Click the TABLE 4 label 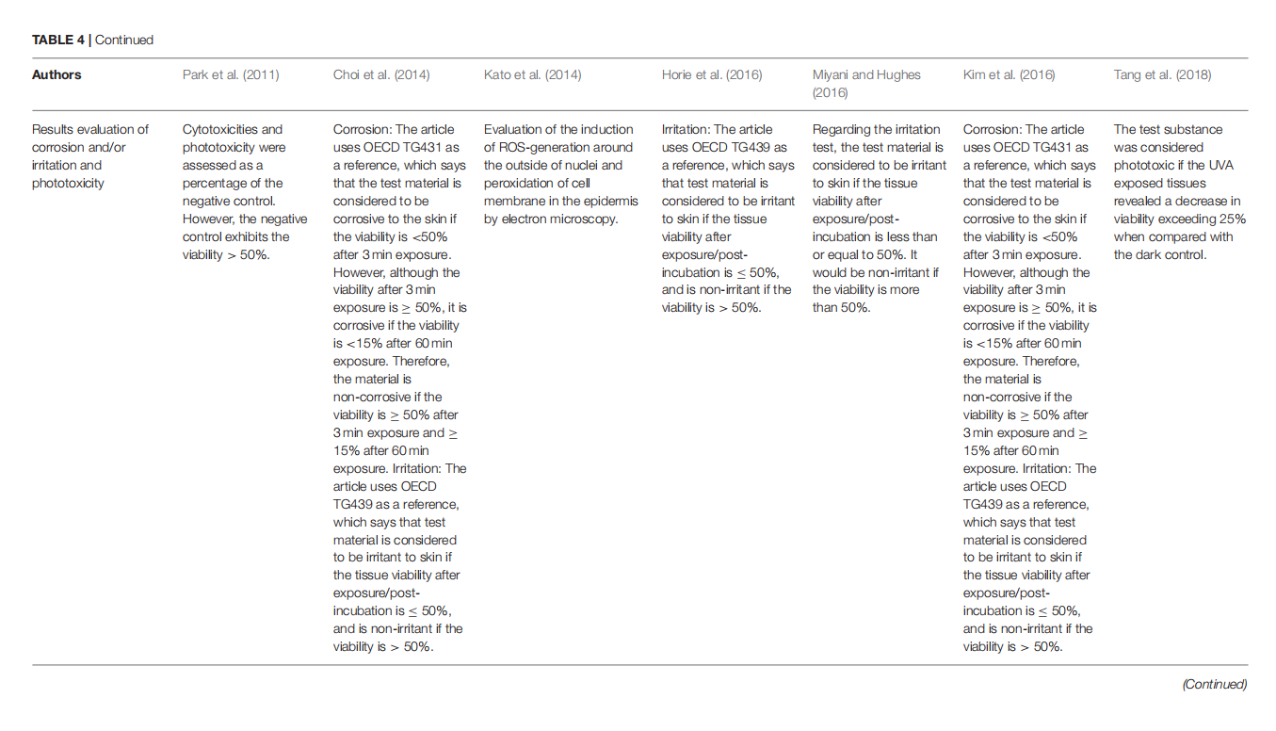58,40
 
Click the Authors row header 57,74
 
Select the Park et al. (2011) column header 230,74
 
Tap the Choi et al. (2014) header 380,74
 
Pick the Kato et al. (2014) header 532,74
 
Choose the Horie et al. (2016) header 712,74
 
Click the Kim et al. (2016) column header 1009,74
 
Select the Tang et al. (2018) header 1162,74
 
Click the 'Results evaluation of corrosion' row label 90,155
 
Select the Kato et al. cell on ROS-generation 561,173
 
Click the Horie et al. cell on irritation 727,218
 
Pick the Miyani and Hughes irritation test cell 878,218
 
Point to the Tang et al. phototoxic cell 1179,191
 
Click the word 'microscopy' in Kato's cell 588,219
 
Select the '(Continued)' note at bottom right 1214,684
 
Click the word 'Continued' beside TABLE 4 124,40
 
